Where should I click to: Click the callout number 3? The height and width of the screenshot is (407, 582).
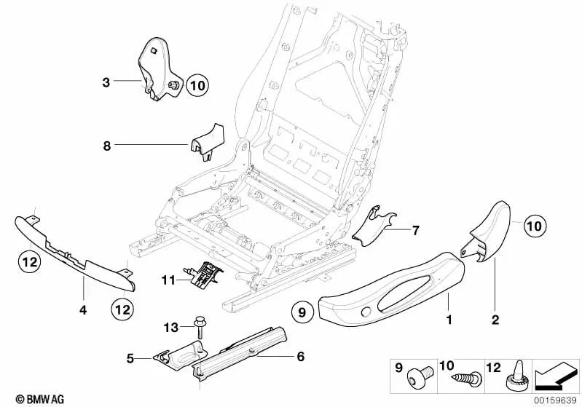(x=106, y=82)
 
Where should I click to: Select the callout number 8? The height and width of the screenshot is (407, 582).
(x=106, y=146)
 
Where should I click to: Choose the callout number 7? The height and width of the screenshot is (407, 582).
(x=415, y=231)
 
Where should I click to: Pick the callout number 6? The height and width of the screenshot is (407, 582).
(x=301, y=357)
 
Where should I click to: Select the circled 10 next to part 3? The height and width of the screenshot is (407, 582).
(x=197, y=86)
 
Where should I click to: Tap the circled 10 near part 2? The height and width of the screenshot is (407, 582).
(x=534, y=226)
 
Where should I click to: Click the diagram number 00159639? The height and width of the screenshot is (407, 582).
(x=556, y=399)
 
